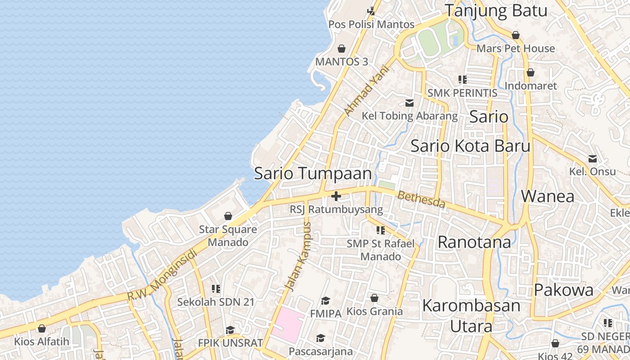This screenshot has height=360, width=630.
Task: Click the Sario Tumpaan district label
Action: (313, 174)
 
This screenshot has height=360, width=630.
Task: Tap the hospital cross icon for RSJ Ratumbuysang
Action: (336, 196)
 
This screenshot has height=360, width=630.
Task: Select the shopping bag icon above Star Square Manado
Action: (228, 216)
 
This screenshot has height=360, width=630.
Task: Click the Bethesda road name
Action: (421, 199)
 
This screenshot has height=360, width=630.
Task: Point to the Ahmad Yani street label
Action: (365, 90)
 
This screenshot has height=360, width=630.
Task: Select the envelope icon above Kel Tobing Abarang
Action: (409, 103)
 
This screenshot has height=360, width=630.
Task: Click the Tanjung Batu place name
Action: (496, 11)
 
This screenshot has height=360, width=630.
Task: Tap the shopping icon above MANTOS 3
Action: (342, 48)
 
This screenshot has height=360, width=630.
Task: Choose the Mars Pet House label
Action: (516, 48)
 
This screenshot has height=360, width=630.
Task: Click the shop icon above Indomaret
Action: (531, 72)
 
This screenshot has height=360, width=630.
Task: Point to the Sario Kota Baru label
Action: (470, 146)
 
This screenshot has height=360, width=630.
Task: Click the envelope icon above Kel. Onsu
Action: (593, 159)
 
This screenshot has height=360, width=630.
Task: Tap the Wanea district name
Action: (548, 196)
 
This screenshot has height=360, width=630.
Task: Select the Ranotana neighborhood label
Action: (474, 242)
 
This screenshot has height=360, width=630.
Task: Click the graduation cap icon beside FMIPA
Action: (326, 300)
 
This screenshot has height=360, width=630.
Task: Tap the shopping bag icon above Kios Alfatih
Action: (42, 328)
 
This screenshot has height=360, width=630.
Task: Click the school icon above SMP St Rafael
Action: (381, 230)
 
